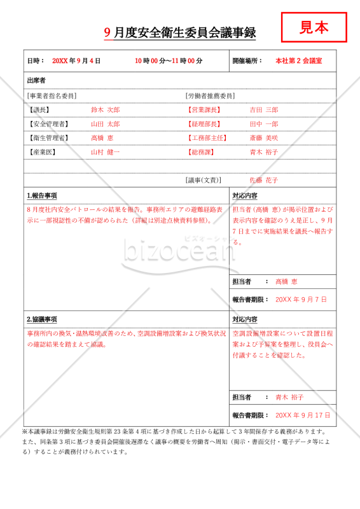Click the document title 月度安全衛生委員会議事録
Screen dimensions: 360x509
[189, 34]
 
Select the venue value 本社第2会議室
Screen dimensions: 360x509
[298, 61]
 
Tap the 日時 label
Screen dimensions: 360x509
[36, 61]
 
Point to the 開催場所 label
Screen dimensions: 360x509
[247, 61]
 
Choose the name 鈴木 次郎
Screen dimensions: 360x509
[105, 110]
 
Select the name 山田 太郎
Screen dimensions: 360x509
[105, 124]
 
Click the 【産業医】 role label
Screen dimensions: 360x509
[43, 152]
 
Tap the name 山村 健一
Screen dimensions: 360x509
[105, 152]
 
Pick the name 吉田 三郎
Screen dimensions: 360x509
[264, 110]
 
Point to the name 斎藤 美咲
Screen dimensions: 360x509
[264, 138]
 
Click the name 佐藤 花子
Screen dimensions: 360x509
[264, 180]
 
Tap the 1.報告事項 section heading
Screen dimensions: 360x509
[42, 196]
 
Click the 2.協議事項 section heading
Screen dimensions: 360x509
[42, 319]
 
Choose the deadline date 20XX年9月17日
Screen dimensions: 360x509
[303, 415]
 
